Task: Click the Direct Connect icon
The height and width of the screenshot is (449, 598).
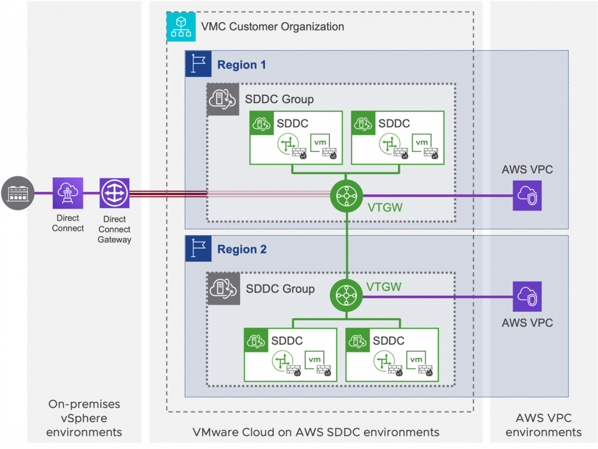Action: [x=68, y=193]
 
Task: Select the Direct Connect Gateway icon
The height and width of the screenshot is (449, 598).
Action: [x=114, y=193]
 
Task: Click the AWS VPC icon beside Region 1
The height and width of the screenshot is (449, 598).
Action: [x=527, y=196]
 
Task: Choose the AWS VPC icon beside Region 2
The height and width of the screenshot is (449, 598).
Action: [x=527, y=296]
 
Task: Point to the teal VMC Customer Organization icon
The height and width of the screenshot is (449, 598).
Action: [x=181, y=27]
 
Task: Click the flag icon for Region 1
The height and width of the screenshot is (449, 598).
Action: [x=198, y=64]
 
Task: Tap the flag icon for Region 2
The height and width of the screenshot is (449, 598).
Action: [x=198, y=248]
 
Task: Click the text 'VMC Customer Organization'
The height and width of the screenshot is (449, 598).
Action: [x=272, y=27]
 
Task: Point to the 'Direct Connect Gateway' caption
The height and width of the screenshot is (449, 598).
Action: [x=114, y=229]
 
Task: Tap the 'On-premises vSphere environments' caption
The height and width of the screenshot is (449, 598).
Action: [x=84, y=418]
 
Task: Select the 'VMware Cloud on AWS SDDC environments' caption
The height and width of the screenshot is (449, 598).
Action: [x=315, y=433]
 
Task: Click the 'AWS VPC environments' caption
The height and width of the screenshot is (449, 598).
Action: [x=544, y=425]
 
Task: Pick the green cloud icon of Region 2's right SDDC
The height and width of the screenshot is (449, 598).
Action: [x=357, y=340]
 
